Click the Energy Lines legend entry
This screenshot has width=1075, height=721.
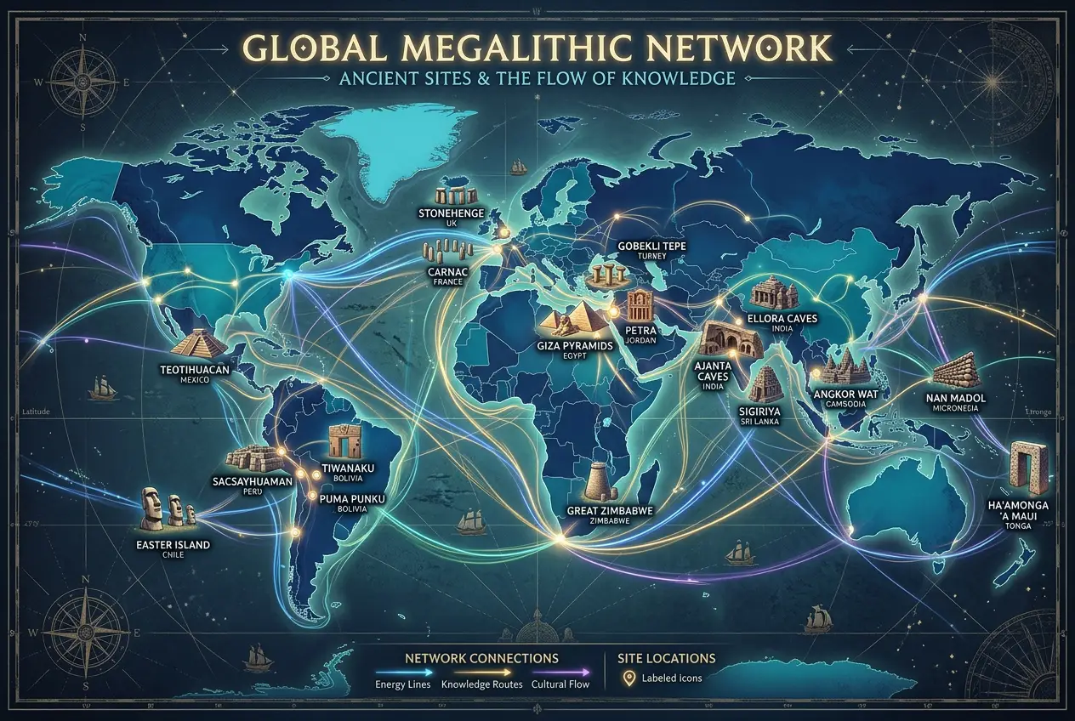click(x=402, y=683)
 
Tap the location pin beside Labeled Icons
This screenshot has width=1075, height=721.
click(x=629, y=678)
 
